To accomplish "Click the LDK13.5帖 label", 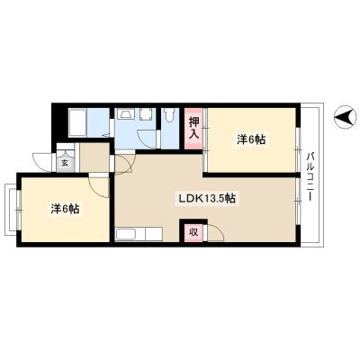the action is tap(207, 199).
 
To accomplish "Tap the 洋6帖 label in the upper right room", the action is tap(251, 139).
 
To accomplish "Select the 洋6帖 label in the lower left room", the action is tap(65, 209).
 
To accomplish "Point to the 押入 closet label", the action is tap(193, 128).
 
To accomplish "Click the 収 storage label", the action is tap(193, 232).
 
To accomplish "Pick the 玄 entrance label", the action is tap(65, 164).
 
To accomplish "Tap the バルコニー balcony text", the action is tap(311, 176).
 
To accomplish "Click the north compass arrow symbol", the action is tap(346, 117).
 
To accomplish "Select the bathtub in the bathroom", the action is tap(77, 123).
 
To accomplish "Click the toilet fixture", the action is tap(169, 115).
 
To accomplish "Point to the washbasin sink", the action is tap(123, 114).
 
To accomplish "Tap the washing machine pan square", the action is tap(146, 114).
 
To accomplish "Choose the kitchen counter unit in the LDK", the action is tap(139, 234).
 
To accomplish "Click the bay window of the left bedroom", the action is tap(13, 210).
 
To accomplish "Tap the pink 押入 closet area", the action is tap(193, 129).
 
